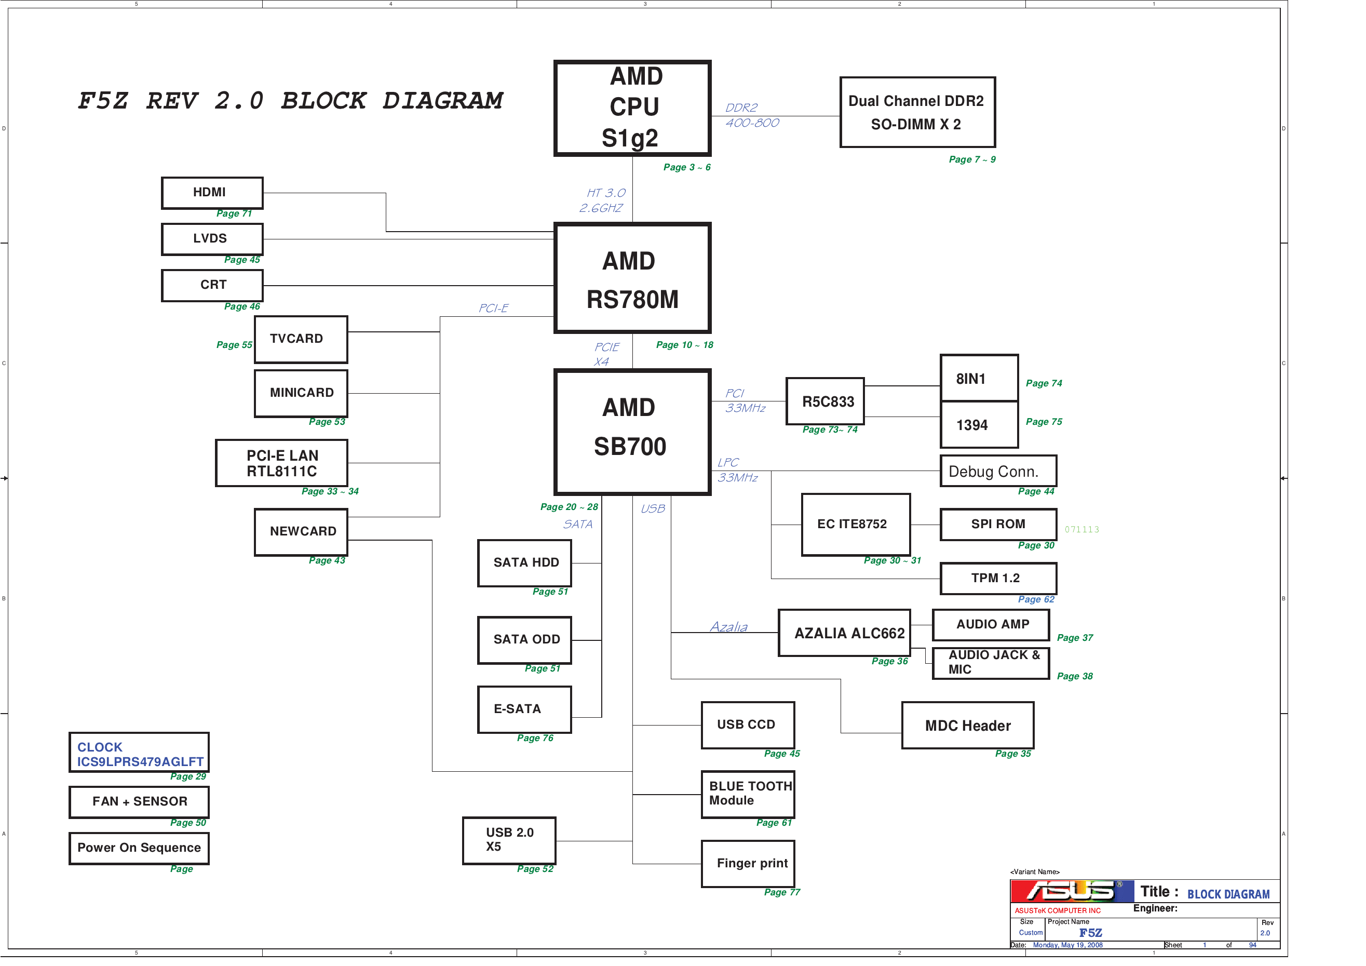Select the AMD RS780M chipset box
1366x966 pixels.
click(x=632, y=278)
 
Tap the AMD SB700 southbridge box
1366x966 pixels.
click(x=632, y=432)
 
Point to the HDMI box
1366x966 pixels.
click(x=212, y=193)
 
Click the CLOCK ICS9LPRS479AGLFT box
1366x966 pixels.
click(x=139, y=753)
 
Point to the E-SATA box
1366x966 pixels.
click(x=524, y=709)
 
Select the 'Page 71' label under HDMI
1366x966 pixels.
click(x=234, y=213)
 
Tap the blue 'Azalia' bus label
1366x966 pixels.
click(x=728, y=627)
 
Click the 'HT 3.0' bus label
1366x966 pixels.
click(x=606, y=193)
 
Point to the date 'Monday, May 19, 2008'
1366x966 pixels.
click(x=1067, y=945)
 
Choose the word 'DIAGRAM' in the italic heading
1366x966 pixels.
click(x=443, y=101)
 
